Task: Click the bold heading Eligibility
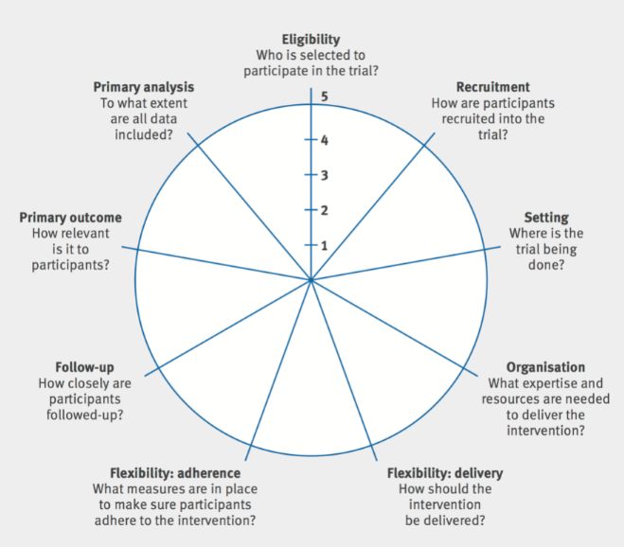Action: (x=311, y=40)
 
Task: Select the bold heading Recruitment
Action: (x=492, y=87)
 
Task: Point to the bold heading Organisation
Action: (x=544, y=367)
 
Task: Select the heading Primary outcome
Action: (x=70, y=218)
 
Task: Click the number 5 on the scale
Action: (x=324, y=97)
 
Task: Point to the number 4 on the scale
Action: (x=324, y=141)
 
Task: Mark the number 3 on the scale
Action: (x=324, y=176)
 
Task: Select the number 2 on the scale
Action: (x=324, y=210)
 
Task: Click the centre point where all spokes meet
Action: (x=311, y=280)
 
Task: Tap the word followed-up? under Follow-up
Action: (x=84, y=415)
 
